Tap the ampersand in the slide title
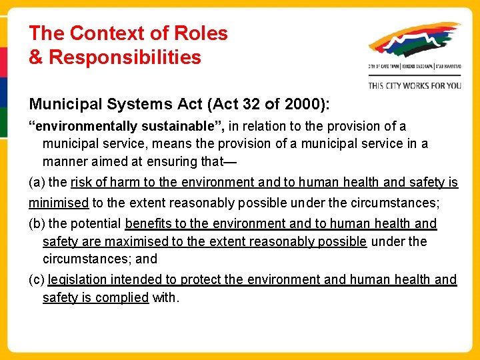coord(35,57)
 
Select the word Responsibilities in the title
coord(125,57)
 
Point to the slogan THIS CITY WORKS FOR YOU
coord(415,85)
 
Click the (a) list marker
coord(37,183)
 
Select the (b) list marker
coord(37,224)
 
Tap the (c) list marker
coord(37,280)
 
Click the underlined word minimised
coord(59,203)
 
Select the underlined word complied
coord(121,297)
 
